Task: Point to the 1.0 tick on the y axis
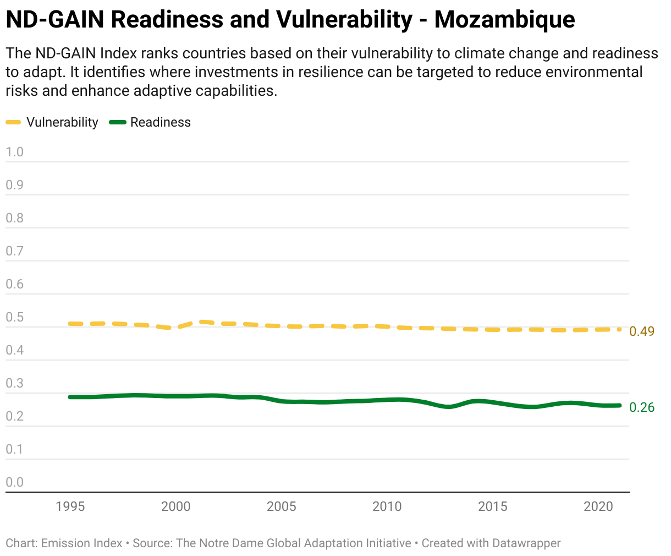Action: tap(14, 152)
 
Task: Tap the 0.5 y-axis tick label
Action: tap(14, 317)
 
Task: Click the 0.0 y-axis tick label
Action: tap(14, 482)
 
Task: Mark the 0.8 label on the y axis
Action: tap(14, 218)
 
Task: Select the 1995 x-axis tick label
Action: tap(70, 506)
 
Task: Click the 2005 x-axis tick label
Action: tap(281, 506)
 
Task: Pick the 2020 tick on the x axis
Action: tap(598, 506)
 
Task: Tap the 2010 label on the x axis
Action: tap(387, 506)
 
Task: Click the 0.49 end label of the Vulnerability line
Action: tap(642, 331)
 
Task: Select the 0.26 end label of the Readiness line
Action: tap(642, 407)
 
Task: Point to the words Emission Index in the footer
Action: tap(81, 543)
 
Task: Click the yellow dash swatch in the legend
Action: tap(13, 122)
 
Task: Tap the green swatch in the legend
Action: tap(118, 122)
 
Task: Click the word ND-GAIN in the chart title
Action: tap(55, 20)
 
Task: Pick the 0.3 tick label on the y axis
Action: tap(14, 383)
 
